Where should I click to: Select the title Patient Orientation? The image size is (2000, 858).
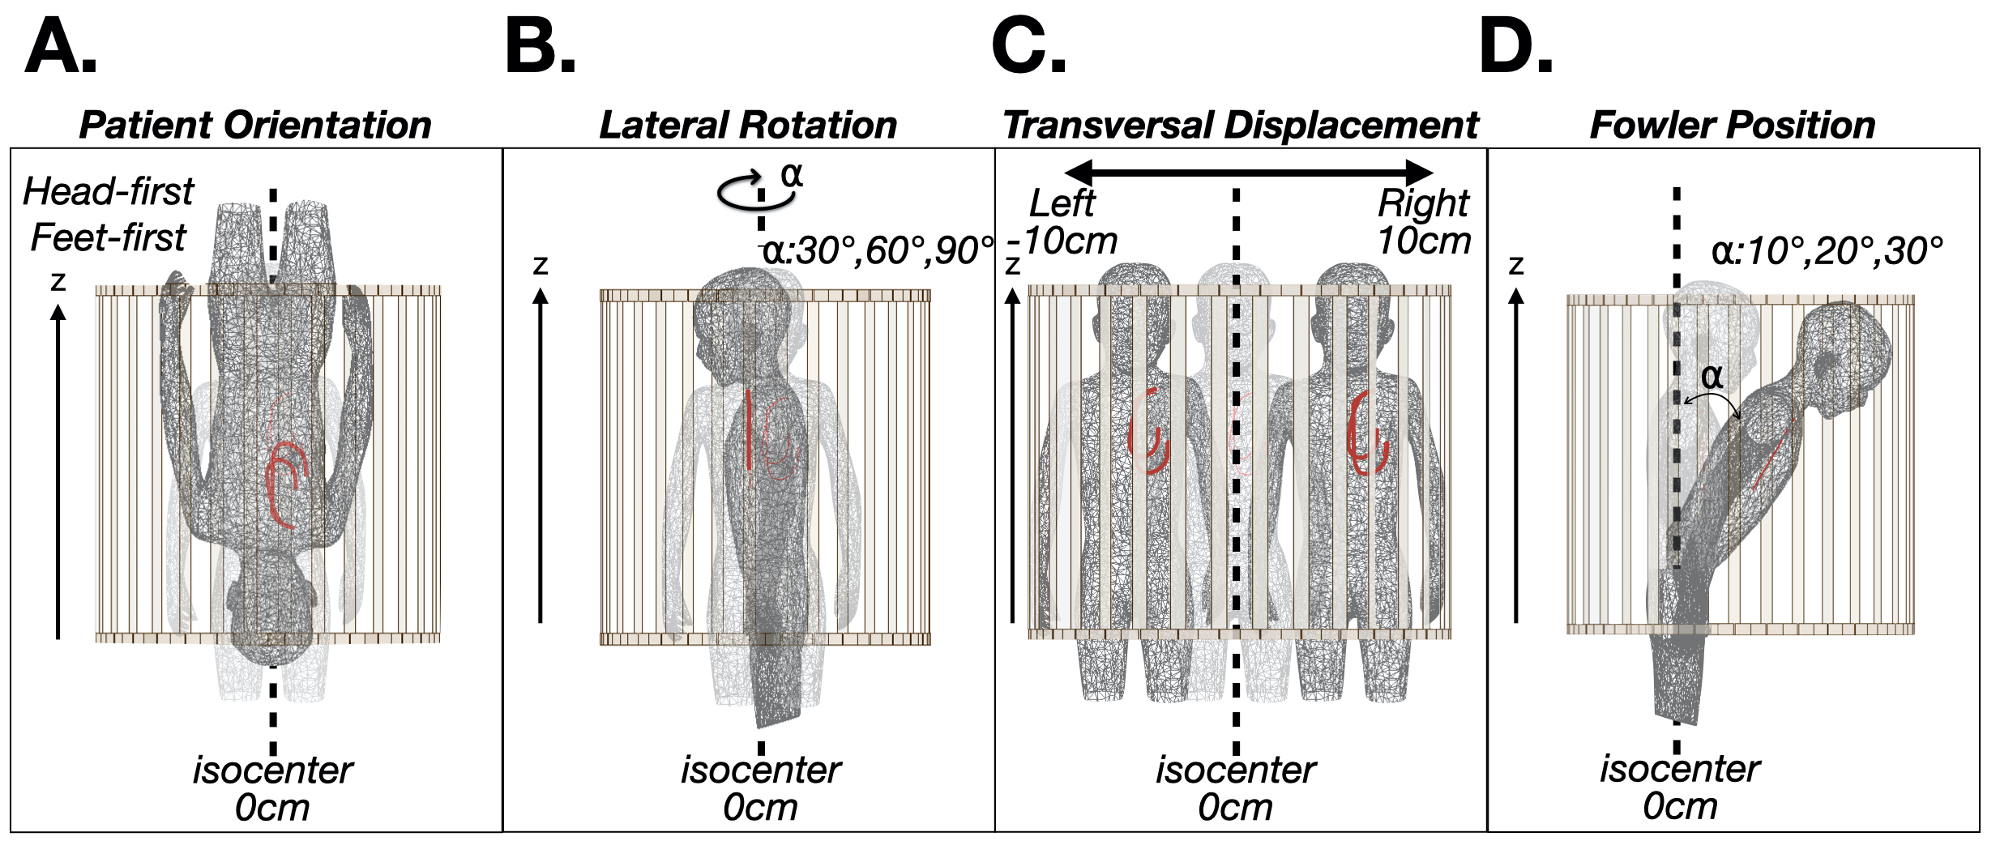(255, 126)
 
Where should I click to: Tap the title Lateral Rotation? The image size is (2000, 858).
(748, 126)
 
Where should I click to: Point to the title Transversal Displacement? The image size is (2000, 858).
(1241, 126)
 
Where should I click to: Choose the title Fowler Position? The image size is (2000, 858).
(1733, 126)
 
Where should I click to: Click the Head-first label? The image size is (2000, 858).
(108, 192)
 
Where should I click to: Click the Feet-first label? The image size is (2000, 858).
(108, 238)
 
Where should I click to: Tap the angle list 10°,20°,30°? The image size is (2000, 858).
(1827, 251)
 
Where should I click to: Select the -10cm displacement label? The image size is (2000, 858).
(1063, 241)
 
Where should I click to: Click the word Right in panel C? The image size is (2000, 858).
(1423, 203)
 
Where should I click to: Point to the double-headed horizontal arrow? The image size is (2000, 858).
(1248, 172)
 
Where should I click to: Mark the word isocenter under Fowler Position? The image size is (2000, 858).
(1680, 768)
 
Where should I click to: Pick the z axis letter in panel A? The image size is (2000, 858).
(58, 280)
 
